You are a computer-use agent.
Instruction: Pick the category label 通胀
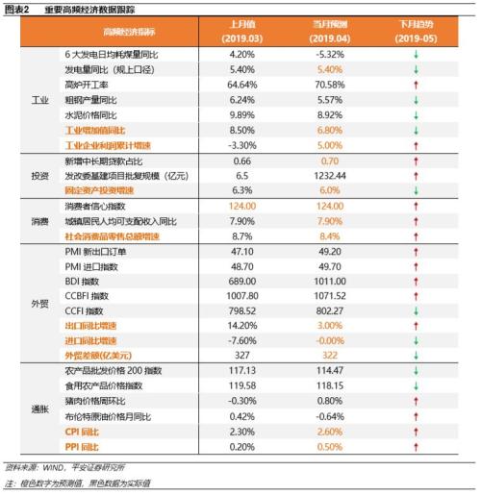[x=39, y=408]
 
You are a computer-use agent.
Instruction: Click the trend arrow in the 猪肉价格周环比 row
[x=417, y=400]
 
